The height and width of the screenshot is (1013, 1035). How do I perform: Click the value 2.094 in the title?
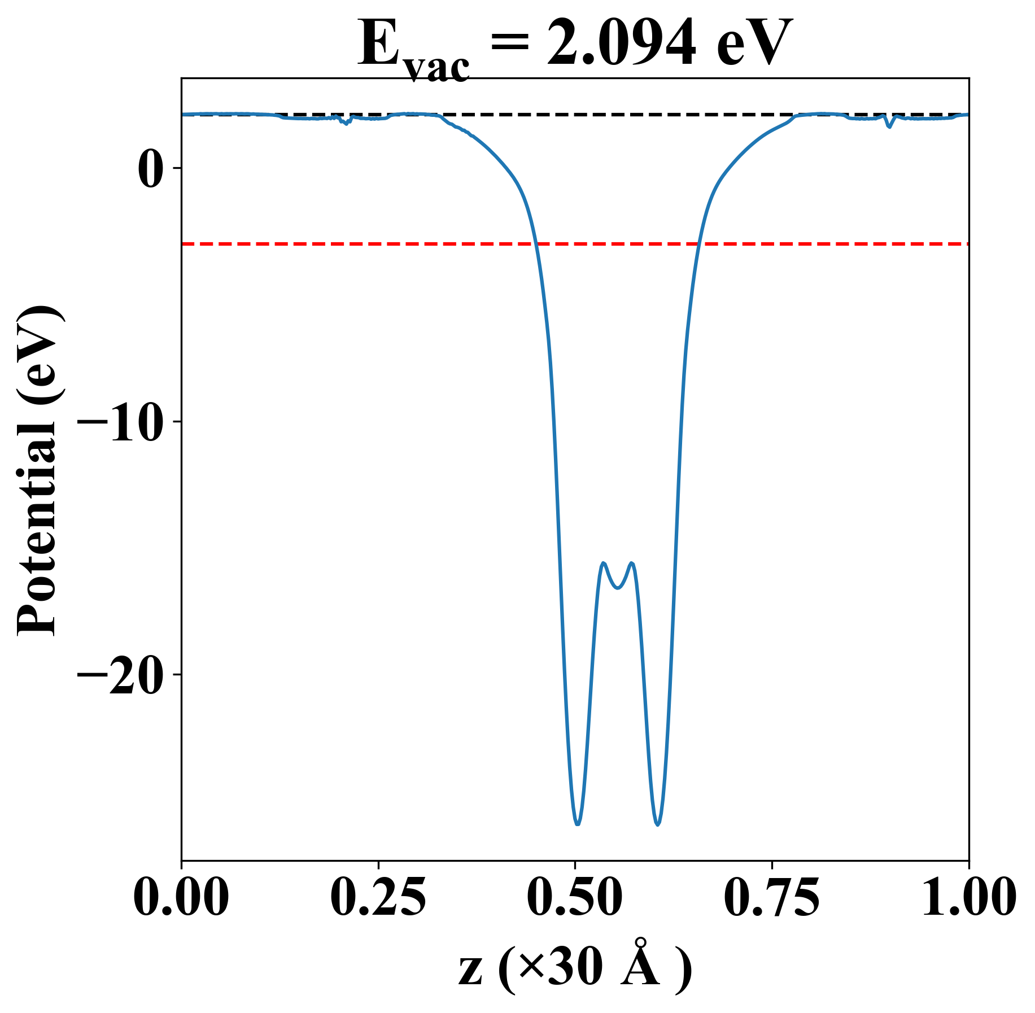point(621,44)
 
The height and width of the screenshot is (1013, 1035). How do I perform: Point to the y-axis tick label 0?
point(151,169)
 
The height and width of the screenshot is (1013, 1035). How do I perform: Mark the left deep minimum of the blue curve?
point(577,824)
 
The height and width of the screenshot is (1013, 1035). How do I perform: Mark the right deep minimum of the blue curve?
point(658,825)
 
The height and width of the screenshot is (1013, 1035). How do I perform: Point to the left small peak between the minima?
point(604,563)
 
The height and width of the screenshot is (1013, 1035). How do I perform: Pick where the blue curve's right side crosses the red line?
point(698,244)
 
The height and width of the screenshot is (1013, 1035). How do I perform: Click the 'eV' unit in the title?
point(754,44)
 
